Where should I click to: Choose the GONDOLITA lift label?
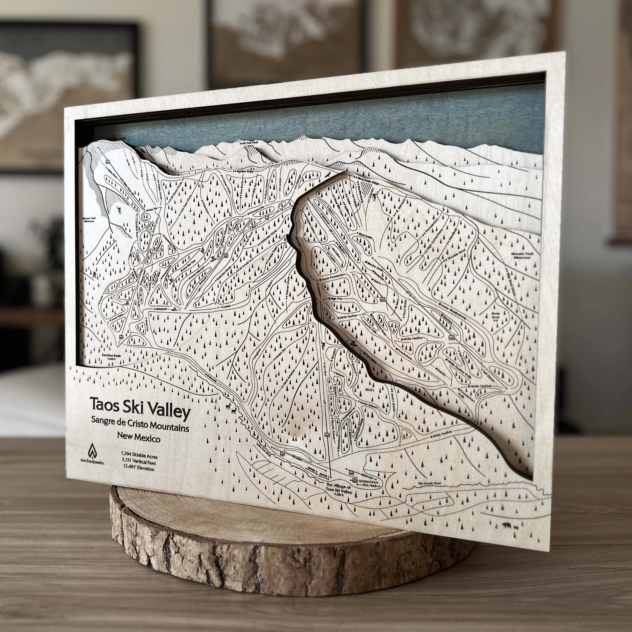tap(367, 482)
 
